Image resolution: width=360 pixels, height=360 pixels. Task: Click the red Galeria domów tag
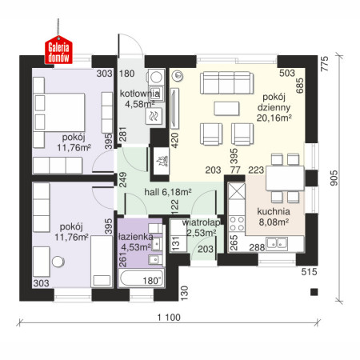(x=58, y=50)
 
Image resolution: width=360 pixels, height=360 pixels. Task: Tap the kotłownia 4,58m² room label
(x=140, y=98)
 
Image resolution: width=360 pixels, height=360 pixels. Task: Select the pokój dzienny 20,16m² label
(x=274, y=107)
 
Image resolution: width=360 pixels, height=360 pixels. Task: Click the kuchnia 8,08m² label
(x=274, y=217)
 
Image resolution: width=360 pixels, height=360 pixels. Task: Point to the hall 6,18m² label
(x=168, y=192)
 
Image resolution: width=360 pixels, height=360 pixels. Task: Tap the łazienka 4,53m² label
(x=136, y=242)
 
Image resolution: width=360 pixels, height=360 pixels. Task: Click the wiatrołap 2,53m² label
(x=202, y=227)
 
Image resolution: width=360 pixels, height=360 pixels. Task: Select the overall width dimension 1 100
(x=169, y=318)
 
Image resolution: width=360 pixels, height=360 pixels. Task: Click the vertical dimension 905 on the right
(x=334, y=178)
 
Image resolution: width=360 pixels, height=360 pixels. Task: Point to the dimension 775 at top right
(x=325, y=63)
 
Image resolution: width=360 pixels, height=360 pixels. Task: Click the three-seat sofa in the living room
(x=226, y=82)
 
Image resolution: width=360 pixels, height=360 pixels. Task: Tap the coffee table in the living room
(x=226, y=109)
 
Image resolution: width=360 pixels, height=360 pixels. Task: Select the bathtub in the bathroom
(x=141, y=278)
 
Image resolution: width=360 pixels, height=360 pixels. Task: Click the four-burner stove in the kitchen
(x=237, y=223)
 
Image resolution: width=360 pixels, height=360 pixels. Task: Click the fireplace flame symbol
(x=162, y=162)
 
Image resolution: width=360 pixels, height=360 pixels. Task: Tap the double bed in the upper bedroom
(x=58, y=112)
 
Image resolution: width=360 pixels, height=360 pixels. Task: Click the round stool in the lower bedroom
(x=58, y=262)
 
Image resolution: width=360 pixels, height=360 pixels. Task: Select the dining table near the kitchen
(x=285, y=178)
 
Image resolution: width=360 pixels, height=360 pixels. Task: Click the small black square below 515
(x=314, y=292)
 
